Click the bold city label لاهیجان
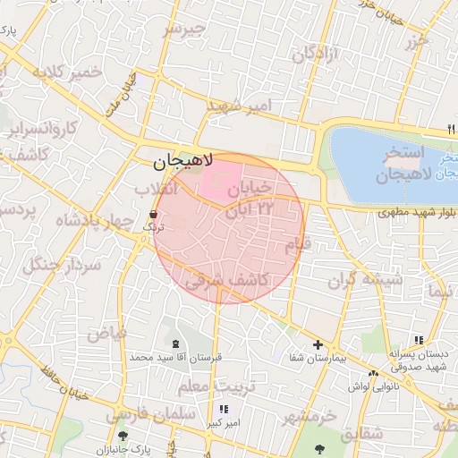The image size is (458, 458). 182,162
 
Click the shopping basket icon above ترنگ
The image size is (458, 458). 154,215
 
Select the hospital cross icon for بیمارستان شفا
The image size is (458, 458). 317,344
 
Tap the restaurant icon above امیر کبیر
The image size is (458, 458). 223,409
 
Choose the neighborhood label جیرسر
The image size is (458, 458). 183,29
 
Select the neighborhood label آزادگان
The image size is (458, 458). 316,54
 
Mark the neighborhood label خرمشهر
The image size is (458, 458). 309,418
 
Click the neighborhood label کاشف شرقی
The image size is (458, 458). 227,280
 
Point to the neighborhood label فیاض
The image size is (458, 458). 106,333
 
